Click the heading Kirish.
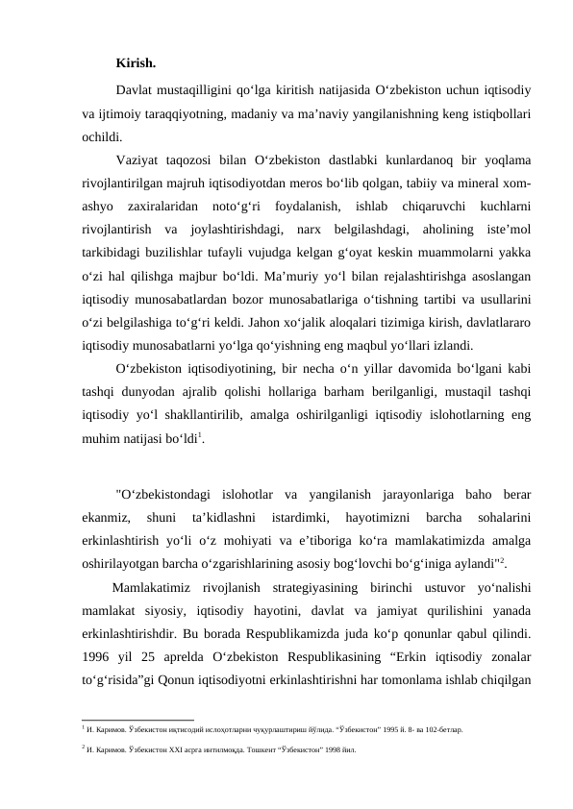click(136, 64)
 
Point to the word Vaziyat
click(141, 159)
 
